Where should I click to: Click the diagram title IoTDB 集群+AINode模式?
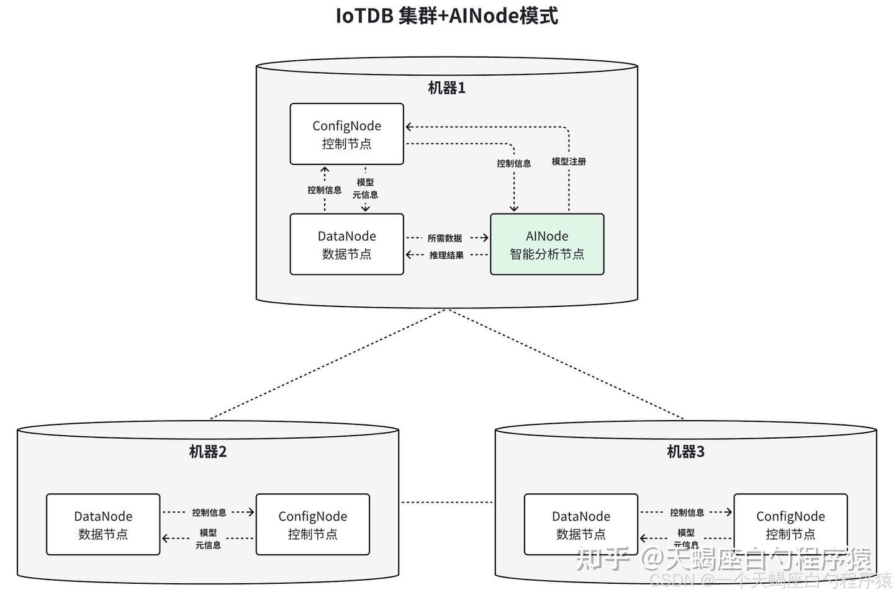446,16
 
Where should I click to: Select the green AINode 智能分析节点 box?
547,244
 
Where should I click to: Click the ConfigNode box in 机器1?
346,134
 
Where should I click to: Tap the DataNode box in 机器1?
346,244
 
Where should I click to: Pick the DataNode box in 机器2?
103,524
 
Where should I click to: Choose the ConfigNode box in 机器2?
312,524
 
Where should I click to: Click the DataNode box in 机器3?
580,524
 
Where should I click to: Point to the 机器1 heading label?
446,88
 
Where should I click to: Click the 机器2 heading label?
208,452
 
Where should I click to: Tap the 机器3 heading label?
685,452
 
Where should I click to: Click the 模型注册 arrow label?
569,161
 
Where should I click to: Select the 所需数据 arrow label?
445,238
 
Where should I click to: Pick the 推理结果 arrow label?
446,255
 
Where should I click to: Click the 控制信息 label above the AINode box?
513,163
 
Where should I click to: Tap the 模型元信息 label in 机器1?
365,188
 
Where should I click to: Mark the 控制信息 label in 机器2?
209,512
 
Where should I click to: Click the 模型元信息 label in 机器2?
208,539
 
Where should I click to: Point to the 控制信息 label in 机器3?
687,512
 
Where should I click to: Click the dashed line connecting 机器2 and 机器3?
446,502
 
